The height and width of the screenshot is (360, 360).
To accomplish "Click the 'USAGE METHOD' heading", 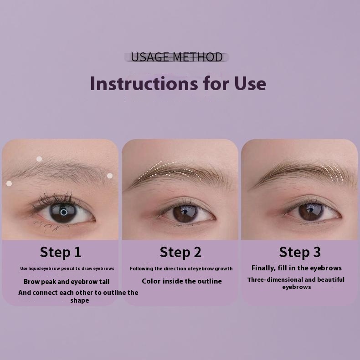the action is (176, 57).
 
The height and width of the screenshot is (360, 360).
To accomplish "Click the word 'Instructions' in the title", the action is (144, 83).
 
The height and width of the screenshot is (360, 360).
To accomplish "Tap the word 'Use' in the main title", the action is (250, 83).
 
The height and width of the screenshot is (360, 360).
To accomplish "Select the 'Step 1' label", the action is (61, 252).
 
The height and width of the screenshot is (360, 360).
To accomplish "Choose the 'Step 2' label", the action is (180, 252).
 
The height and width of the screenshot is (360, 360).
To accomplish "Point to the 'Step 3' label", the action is (300, 252).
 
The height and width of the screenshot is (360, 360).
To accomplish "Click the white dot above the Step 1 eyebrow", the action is (39, 159).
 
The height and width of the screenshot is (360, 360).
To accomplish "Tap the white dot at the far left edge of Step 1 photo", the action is (9, 183).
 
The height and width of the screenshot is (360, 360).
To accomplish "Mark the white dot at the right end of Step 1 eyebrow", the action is (110, 176).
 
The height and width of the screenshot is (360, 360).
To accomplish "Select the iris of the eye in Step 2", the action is (185, 213).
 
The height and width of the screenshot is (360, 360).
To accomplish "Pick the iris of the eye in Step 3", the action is (311, 212).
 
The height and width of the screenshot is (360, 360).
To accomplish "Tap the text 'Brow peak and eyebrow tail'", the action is (67, 282).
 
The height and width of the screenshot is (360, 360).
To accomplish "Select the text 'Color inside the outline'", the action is (182, 281).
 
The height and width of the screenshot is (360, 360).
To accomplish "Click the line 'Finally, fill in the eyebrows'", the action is (297, 268).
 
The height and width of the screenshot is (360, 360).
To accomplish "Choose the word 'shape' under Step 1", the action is (80, 300).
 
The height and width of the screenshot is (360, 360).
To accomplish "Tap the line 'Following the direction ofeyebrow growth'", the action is (181, 269).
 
